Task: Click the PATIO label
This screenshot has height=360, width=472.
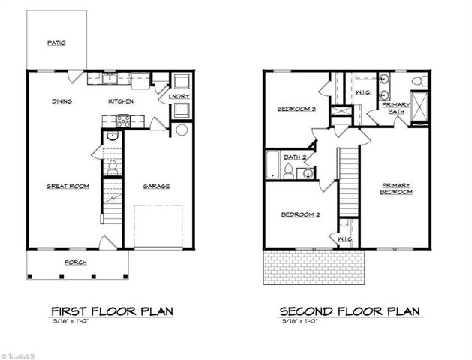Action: (56, 43)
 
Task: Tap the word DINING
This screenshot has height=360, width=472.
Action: (62, 101)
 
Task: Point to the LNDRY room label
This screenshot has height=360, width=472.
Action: (178, 96)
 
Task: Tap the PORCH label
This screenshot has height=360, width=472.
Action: (76, 262)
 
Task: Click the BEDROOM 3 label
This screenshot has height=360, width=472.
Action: (297, 109)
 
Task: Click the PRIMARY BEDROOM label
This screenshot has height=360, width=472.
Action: (397, 188)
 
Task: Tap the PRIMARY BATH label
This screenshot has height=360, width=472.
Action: (395, 108)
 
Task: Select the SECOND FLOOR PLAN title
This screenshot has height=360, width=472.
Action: (350, 310)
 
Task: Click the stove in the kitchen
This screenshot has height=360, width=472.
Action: (124, 119)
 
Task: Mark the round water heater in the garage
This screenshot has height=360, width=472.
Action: (181, 130)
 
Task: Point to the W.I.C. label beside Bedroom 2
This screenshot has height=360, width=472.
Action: (345, 238)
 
